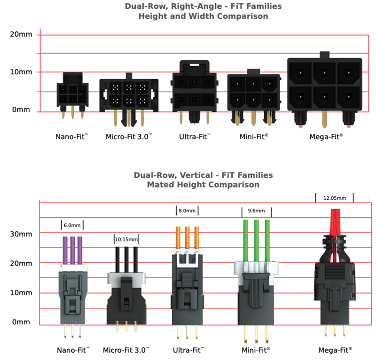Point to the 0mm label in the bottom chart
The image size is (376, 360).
[21, 322]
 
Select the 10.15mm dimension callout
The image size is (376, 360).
[127, 239]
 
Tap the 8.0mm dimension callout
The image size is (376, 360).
[187, 211]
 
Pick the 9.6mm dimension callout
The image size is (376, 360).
[256, 211]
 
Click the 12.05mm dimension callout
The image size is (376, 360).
[334, 198]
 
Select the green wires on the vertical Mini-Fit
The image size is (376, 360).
[256, 240]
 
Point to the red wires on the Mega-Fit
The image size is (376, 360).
[335, 223]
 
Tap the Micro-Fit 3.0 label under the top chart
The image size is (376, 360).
[127, 137]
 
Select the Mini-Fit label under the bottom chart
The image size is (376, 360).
[257, 350]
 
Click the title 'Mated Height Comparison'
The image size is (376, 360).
[203, 185]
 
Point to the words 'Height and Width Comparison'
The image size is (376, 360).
[203, 16]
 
